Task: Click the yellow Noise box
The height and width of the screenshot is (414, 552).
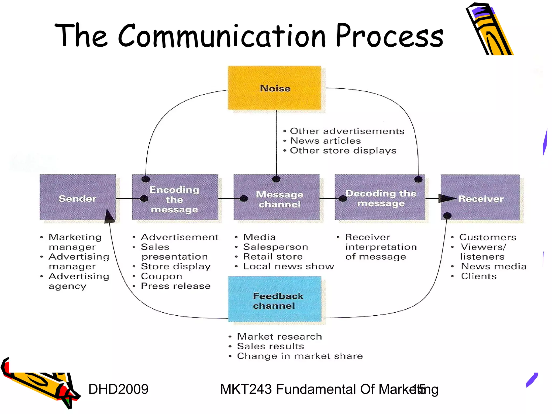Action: (x=274, y=88)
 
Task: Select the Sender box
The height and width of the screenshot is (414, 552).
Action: (x=78, y=197)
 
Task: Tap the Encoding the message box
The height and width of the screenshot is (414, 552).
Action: (x=175, y=197)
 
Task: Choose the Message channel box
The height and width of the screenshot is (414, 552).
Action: (x=277, y=197)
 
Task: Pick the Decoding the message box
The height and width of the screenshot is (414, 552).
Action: (x=380, y=197)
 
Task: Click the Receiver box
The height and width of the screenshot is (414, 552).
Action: (x=480, y=197)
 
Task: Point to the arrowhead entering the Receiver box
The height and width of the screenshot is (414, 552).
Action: (x=446, y=199)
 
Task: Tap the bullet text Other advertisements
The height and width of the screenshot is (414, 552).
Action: (x=347, y=131)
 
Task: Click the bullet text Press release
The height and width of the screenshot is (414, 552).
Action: (x=175, y=286)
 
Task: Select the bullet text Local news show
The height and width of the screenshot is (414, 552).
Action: (x=288, y=266)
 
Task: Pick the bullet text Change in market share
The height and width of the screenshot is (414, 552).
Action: (x=300, y=356)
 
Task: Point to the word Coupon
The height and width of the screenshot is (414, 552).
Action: (x=161, y=276)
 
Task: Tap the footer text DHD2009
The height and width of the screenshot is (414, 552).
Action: (x=118, y=389)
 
